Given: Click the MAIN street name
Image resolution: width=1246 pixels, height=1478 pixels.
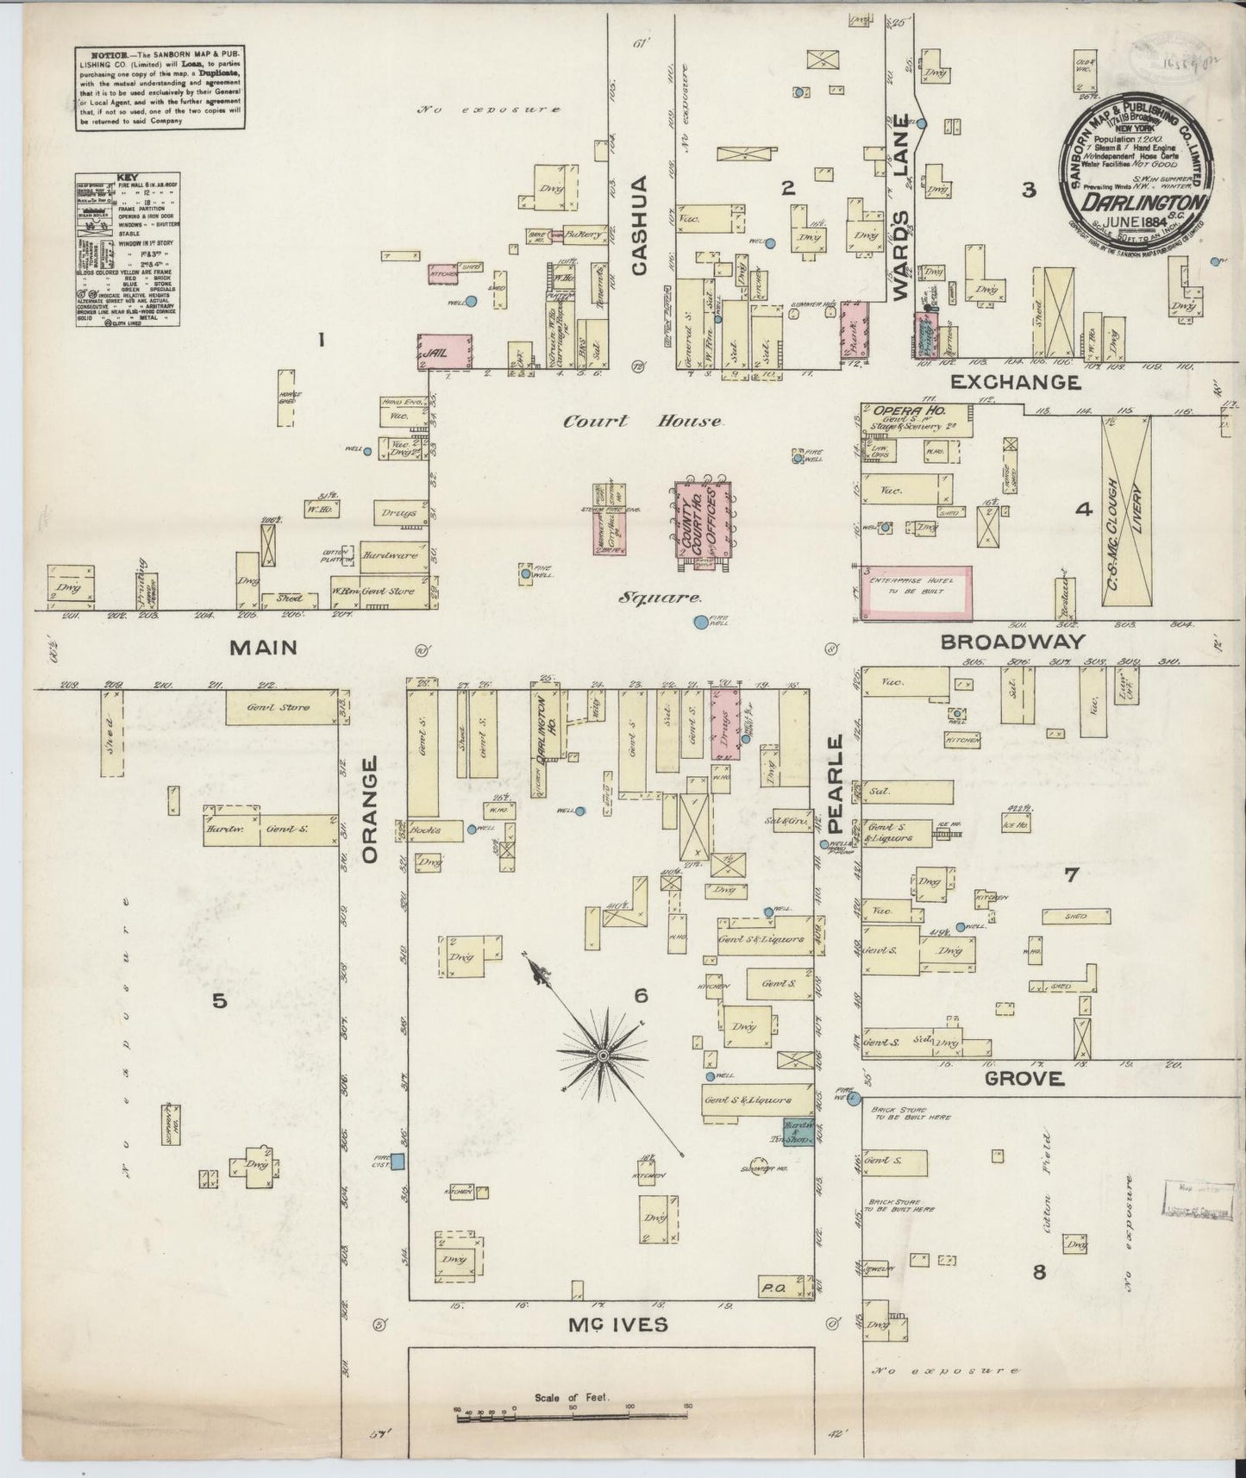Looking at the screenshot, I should click(264, 647).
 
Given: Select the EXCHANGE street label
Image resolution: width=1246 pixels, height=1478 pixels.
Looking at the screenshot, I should click(1015, 382).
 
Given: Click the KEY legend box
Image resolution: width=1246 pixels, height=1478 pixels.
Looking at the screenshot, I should click(128, 249).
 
